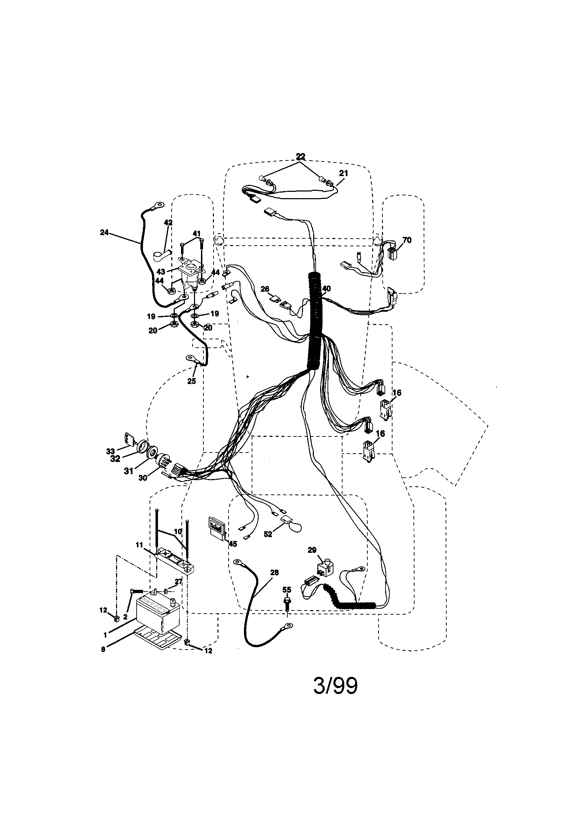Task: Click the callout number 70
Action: (406, 240)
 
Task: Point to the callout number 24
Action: (104, 233)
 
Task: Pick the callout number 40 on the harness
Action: (326, 289)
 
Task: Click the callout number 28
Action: (274, 572)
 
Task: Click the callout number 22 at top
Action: (301, 156)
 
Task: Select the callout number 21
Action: (344, 173)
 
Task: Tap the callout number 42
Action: (168, 222)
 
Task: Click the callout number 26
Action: (265, 289)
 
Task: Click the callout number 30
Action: (142, 478)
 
